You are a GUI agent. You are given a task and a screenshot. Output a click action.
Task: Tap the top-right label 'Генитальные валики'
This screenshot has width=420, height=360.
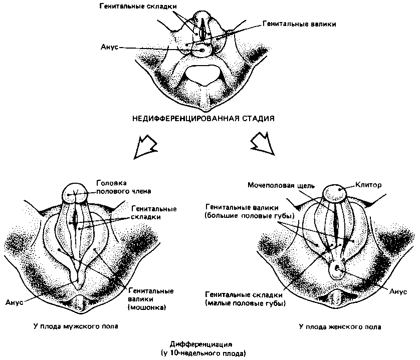click(x=299, y=24)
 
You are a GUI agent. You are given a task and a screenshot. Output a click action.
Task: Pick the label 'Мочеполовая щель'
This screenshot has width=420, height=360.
click(x=281, y=185)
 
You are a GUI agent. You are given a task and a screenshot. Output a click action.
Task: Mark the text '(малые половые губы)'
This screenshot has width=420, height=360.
click(x=245, y=303)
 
